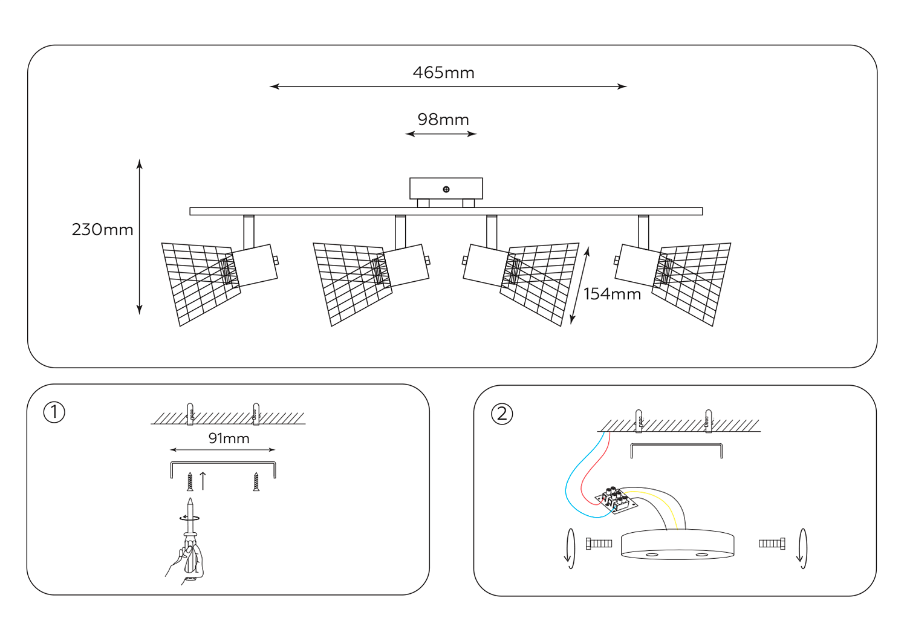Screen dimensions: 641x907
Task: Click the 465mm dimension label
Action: (x=443, y=73)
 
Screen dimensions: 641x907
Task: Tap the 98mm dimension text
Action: (x=443, y=120)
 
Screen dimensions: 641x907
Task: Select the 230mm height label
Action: (x=102, y=230)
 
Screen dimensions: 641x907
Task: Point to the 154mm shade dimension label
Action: (x=612, y=294)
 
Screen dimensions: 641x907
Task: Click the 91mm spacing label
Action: (x=229, y=438)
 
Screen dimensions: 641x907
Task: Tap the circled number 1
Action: (x=54, y=412)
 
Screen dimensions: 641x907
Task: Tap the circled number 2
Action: (x=502, y=414)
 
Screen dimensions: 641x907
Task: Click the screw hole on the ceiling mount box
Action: (x=446, y=189)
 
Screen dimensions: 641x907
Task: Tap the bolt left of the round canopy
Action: (x=599, y=544)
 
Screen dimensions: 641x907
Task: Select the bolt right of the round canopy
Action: (x=772, y=544)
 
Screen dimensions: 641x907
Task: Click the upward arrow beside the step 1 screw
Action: (x=203, y=480)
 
